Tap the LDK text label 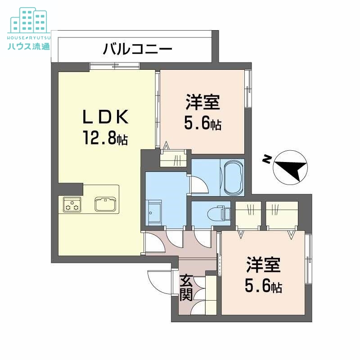click(x=106, y=118)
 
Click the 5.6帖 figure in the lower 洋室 click(x=263, y=285)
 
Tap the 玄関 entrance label click(x=186, y=288)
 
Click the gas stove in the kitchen click(x=72, y=205)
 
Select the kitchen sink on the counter click(x=106, y=204)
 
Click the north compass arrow click(x=291, y=168)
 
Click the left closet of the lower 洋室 click(x=247, y=213)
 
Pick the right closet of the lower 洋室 click(x=282, y=213)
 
